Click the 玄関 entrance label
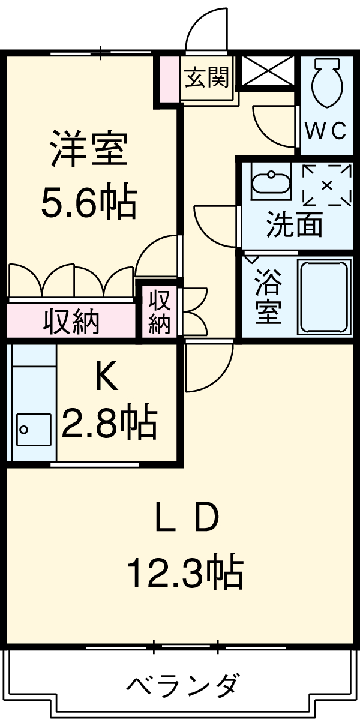[x=206, y=77]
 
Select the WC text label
[x=326, y=130]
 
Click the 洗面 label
[x=294, y=224]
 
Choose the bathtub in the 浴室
[x=324, y=296]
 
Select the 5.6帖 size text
[x=88, y=202]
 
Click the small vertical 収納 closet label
[x=160, y=312]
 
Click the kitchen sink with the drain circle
[x=33, y=429]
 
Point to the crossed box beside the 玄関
[x=268, y=70]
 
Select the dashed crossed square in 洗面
[x=326, y=185]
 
